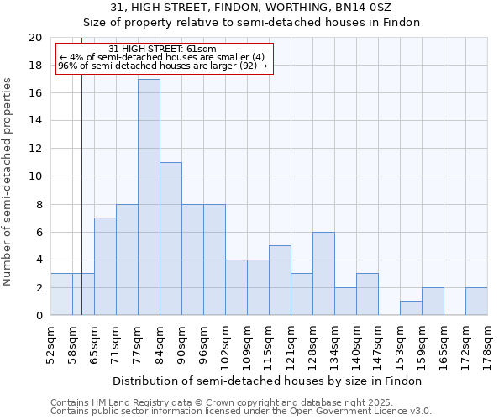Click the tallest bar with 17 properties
point(149,197)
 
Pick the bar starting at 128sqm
point(323,274)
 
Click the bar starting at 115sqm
point(280,281)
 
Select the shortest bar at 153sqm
point(411,308)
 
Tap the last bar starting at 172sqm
point(476,302)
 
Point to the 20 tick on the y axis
point(34,38)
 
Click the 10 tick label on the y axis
point(34,176)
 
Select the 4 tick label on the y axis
point(38,260)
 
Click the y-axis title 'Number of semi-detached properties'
point(8,181)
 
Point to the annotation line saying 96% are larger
point(163,66)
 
